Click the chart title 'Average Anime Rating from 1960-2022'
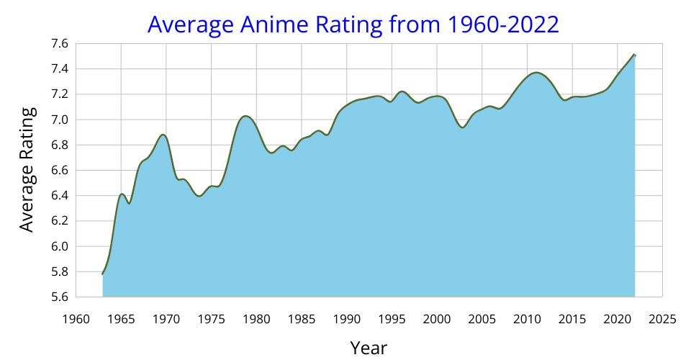coord(353,24)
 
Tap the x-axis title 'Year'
coord(369,348)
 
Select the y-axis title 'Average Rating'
coord(27,169)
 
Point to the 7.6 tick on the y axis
coord(60,44)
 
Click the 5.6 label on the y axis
coord(60,297)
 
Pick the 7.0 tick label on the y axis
coord(60,120)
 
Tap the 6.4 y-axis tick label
coord(60,196)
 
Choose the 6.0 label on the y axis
coord(60,246)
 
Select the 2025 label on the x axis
coord(662,318)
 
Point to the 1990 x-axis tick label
coord(346,318)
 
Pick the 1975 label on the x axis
coord(211,318)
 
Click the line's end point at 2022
coord(635,54)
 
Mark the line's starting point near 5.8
coord(103,274)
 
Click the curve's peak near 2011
coord(536,72)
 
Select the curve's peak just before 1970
coord(163,135)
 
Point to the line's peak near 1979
coord(245,115)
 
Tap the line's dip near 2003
coord(463,127)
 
